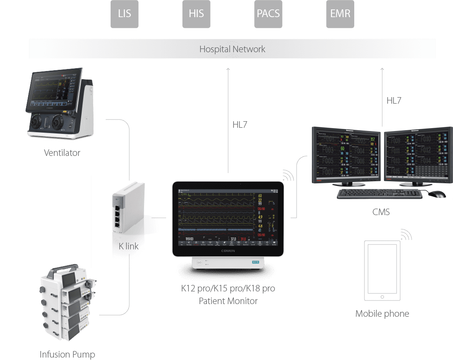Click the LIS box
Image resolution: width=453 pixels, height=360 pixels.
pyautogui.click(x=124, y=14)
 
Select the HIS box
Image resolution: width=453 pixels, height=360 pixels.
pyautogui.click(x=196, y=14)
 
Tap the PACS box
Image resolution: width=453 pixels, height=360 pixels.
pyautogui.click(x=268, y=14)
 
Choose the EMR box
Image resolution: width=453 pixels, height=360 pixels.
pyautogui.click(x=340, y=14)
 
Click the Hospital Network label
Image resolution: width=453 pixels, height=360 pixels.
pyautogui.click(x=232, y=49)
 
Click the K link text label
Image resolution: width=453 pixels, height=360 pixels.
pyautogui.click(x=129, y=246)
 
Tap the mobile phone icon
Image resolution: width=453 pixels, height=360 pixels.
pyautogui.click(x=382, y=272)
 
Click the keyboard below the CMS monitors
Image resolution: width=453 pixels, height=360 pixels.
pyautogui.click(x=379, y=194)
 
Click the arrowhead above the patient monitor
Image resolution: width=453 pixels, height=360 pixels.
pyautogui.click(x=228, y=70)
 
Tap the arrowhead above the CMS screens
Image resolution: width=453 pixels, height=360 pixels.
pyautogui.click(x=382, y=70)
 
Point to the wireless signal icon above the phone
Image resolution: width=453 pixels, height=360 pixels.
pyautogui.click(x=406, y=235)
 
